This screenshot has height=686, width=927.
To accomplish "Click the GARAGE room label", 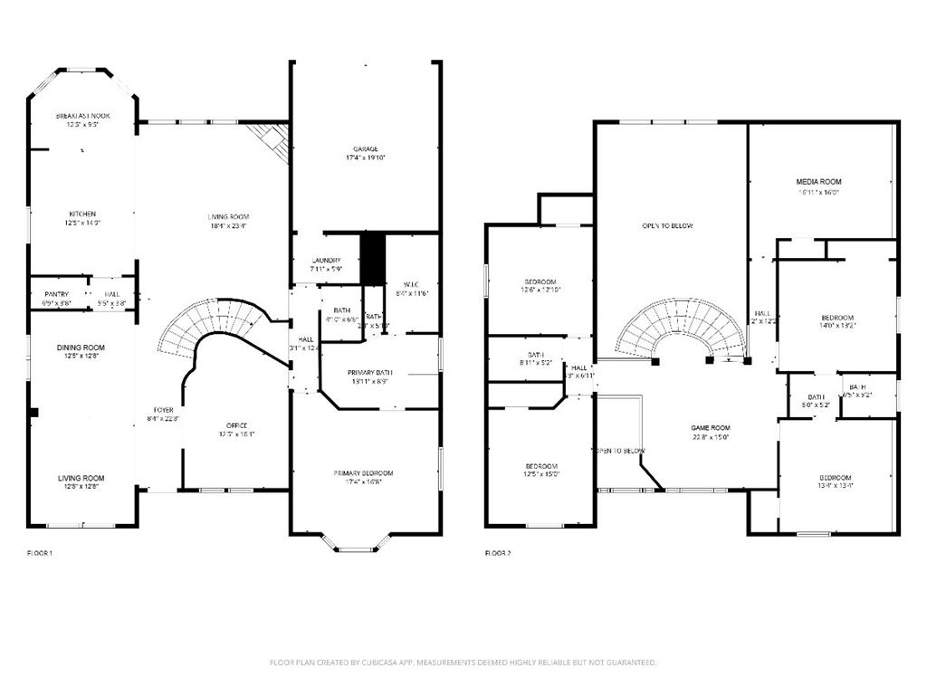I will (366, 149).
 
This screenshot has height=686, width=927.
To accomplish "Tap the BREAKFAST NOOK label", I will (82, 116).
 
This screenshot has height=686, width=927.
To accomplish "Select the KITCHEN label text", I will (82, 214).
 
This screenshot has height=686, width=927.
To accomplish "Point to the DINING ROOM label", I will (81, 348).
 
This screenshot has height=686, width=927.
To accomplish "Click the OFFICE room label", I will (237, 425).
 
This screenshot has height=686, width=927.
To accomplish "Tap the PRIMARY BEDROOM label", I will (363, 473).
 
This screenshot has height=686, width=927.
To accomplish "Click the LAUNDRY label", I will (327, 261).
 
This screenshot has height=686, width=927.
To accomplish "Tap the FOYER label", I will (164, 410).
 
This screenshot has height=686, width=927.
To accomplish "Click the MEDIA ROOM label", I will (818, 182).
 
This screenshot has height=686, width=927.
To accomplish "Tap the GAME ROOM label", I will (711, 428).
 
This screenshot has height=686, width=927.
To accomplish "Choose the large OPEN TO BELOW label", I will (668, 225).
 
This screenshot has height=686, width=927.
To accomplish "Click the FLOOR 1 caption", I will (40, 552).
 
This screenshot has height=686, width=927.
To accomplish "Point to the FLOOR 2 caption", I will (498, 552).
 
